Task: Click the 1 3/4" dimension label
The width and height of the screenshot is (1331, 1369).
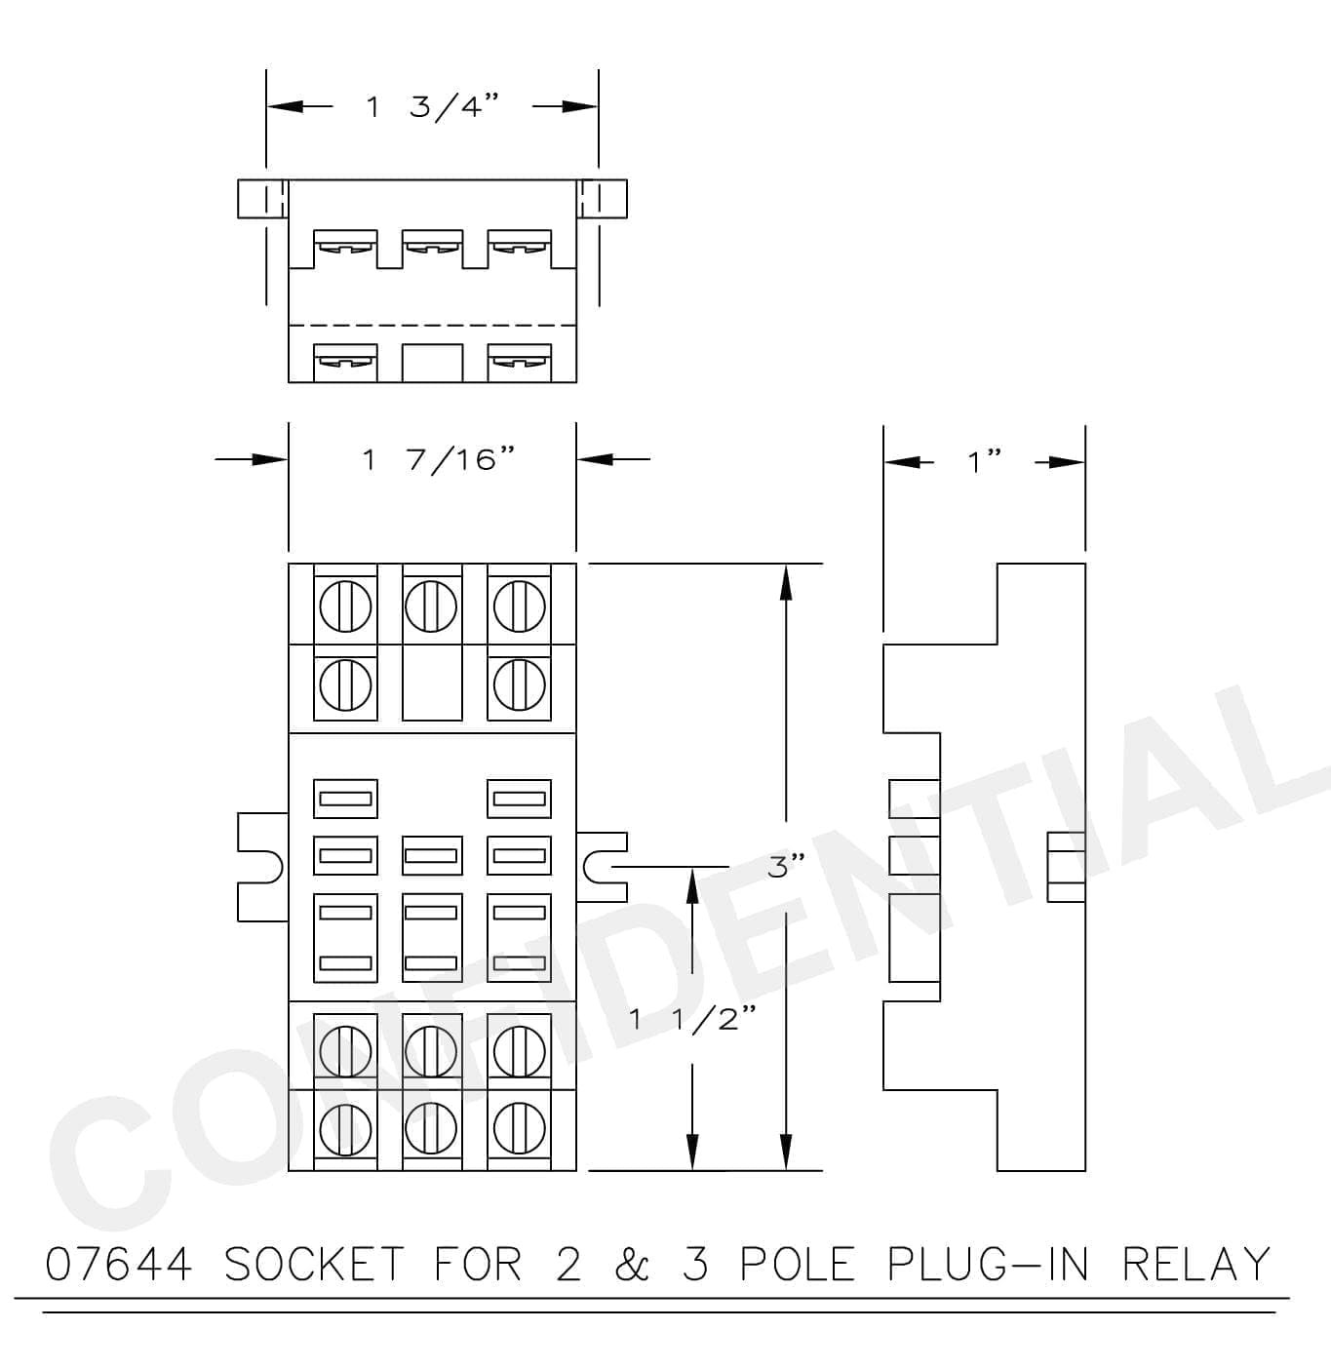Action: [432, 107]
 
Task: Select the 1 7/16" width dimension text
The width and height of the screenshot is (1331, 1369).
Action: [438, 460]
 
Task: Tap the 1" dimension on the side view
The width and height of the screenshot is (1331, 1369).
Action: [984, 462]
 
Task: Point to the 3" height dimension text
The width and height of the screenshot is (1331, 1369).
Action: [786, 866]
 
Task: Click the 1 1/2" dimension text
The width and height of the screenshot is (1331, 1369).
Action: [693, 1019]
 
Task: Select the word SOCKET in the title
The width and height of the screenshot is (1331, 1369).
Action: [314, 1264]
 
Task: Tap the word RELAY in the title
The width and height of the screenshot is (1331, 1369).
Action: [1195, 1264]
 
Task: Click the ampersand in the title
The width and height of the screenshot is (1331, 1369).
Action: [632, 1264]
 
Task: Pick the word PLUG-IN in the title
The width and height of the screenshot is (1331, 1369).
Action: [987, 1264]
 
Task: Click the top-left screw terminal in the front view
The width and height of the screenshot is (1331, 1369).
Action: [345, 606]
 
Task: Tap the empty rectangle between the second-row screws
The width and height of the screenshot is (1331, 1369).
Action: [432, 683]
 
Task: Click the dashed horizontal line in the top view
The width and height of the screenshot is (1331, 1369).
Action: [432, 326]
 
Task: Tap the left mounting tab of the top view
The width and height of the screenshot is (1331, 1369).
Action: [262, 199]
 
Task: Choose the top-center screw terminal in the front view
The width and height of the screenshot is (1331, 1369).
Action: [431, 606]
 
